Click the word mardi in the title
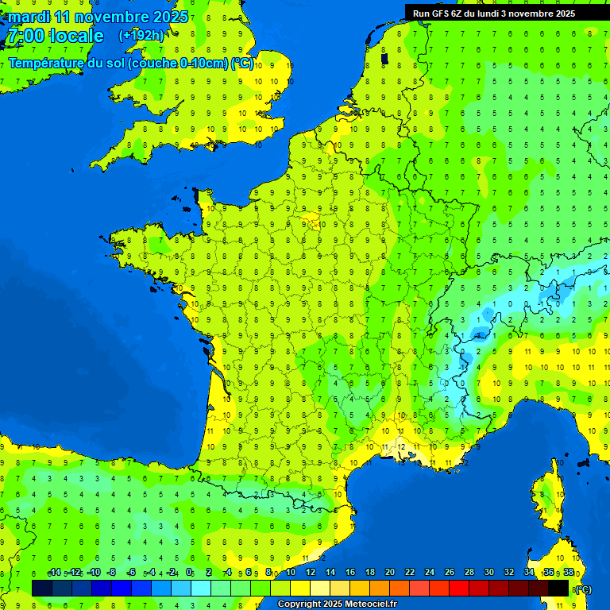[x=28, y=17]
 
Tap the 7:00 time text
[x=24, y=36]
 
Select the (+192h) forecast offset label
[x=141, y=35]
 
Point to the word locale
[x=76, y=36]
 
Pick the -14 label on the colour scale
[x=54, y=573]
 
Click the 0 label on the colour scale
[x=189, y=573]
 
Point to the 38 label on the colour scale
[x=569, y=573]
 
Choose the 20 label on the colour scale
[x=390, y=573]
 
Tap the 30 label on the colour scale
[x=489, y=573]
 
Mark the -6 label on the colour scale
[x=130, y=573]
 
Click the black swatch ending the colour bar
[x=559, y=588]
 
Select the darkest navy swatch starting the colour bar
[x=42, y=588]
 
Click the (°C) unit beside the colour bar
[x=583, y=589]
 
